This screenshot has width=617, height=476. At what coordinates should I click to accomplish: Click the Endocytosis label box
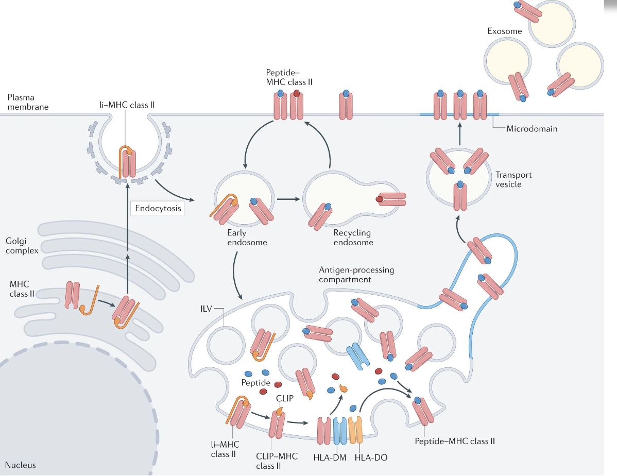pos(157,209)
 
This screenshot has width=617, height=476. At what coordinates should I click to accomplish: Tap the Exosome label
pos(504,31)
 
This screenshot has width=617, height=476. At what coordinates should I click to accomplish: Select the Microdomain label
pos(532,129)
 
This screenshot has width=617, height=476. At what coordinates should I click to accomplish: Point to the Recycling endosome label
pos(353,237)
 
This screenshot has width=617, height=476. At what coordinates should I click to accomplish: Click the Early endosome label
pos(240,237)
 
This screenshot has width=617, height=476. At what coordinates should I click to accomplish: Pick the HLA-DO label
pos(371,457)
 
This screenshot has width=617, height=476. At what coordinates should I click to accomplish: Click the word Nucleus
pos(21,465)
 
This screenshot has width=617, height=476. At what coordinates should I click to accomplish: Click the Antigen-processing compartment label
pos(356,274)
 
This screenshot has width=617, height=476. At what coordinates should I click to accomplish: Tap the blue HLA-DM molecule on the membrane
pos(340,431)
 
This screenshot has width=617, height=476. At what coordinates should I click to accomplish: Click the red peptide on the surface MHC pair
pos(297,94)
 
